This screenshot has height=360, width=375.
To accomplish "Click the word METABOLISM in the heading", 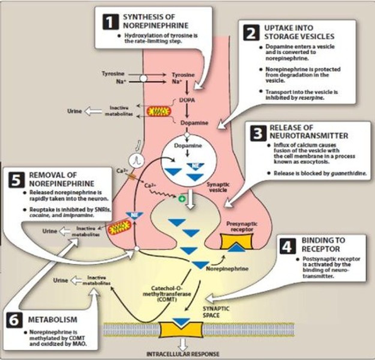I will coord(52,320).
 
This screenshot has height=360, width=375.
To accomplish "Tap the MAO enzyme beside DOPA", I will coord(158,112).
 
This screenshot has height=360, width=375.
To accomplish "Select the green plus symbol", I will coord(181,198).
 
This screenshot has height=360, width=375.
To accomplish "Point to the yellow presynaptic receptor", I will coord(237,242).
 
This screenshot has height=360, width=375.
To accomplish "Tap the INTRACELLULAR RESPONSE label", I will coord(183,354).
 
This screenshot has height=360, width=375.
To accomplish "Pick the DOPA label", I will coord(187,100).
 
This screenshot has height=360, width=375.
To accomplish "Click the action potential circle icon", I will coord(137,160).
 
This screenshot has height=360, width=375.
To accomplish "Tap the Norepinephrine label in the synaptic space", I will coord(227,268).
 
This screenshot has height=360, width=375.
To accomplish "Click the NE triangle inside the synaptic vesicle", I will coord(195,166).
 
